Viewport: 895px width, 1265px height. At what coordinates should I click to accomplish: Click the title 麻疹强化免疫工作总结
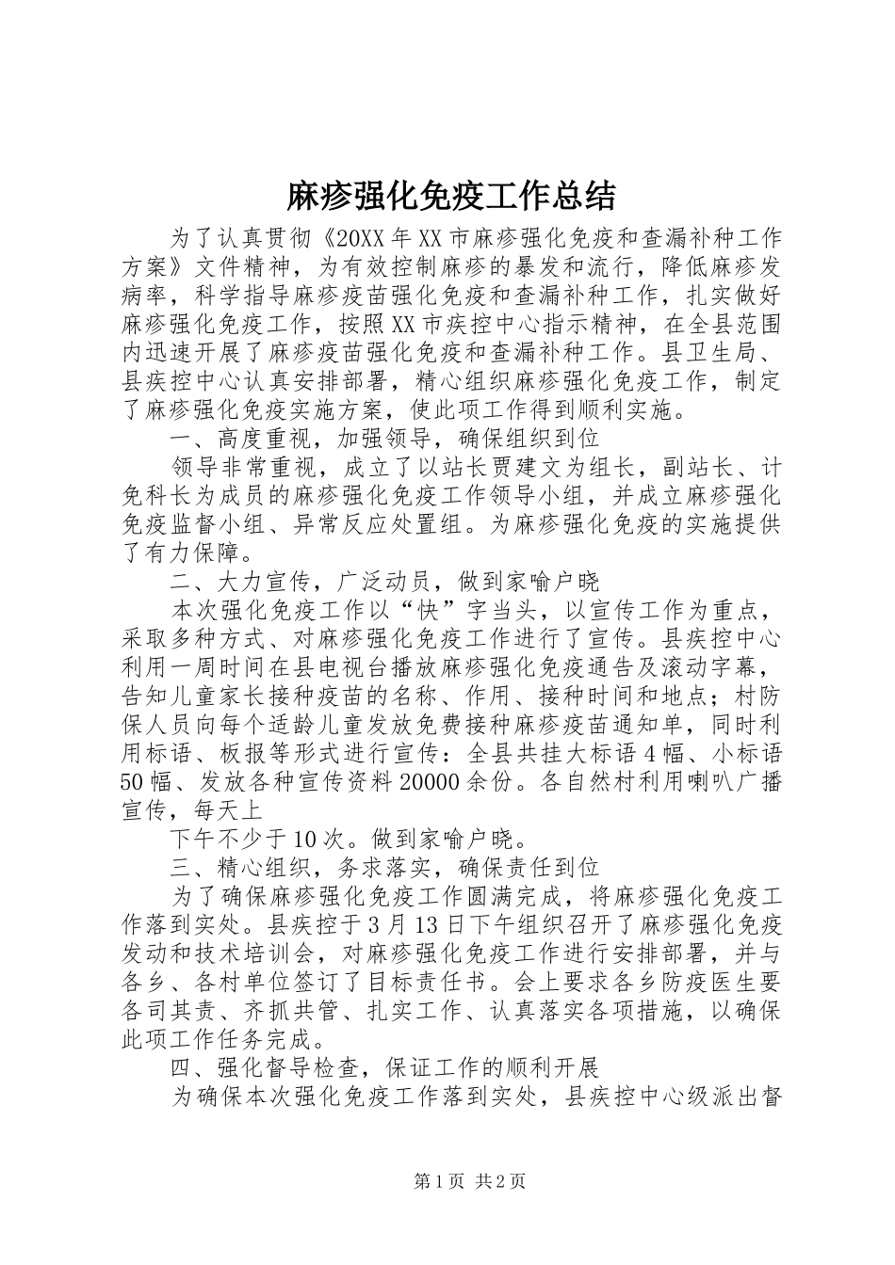tap(450, 196)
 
